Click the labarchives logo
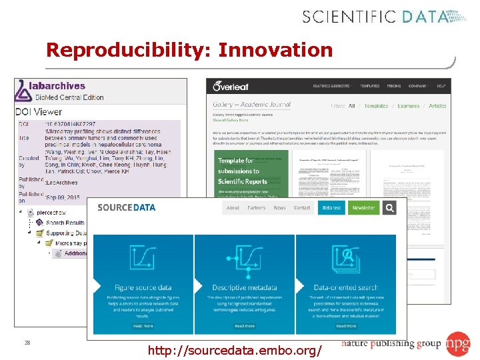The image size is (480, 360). tap(52, 86)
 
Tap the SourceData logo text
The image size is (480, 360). tap(127, 207)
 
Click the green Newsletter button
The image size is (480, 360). tap(365, 208)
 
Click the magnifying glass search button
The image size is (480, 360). tap(389, 208)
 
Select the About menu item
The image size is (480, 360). tap(233, 208)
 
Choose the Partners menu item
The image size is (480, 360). tap(257, 208)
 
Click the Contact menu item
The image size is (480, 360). tap(302, 208)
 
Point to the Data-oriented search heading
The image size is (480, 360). tap(346, 287)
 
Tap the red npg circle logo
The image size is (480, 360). tap(458, 344)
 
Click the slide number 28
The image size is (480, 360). tap(27, 343)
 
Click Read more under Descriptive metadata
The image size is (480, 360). tap(245, 326)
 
